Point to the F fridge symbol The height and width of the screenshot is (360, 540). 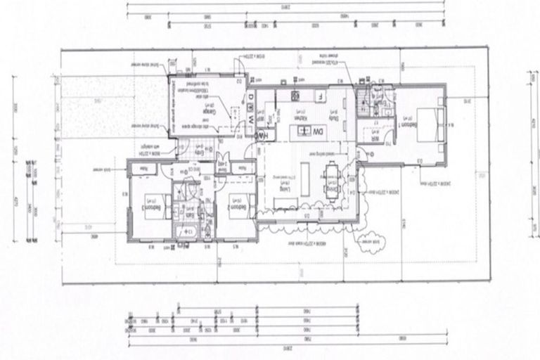[319, 96]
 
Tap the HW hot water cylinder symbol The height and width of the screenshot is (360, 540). [260, 134]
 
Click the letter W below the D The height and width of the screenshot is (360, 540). [250, 120]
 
